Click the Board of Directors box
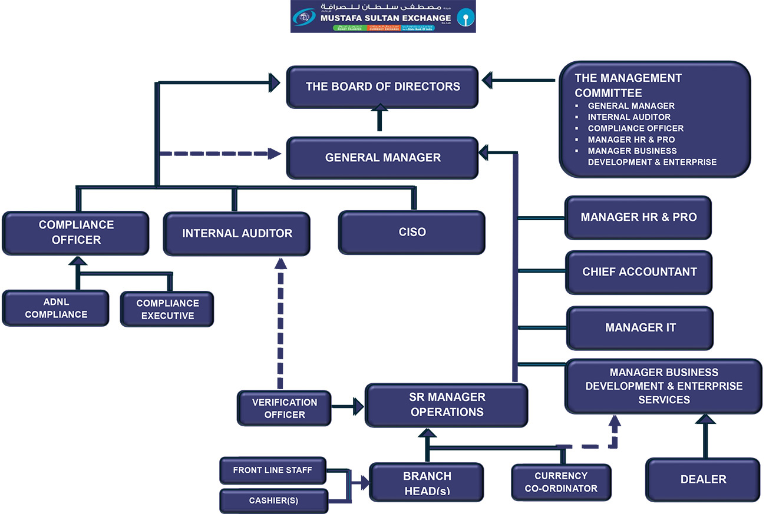click(382, 87)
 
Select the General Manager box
click(382, 158)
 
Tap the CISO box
click(412, 233)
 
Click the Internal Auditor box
click(237, 234)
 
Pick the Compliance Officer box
click(76, 233)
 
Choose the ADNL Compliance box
click(56, 308)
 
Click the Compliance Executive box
click(167, 309)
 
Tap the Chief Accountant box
click(639, 272)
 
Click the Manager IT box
click(640, 327)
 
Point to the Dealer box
click(703, 479)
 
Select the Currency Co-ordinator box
click(561, 482)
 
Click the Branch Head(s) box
click(427, 482)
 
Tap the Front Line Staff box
click(272, 470)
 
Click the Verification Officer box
click(285, 408)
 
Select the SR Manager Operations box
click(447, 404)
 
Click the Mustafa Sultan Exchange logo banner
click(383, 17)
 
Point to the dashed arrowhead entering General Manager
click(275, 154)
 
